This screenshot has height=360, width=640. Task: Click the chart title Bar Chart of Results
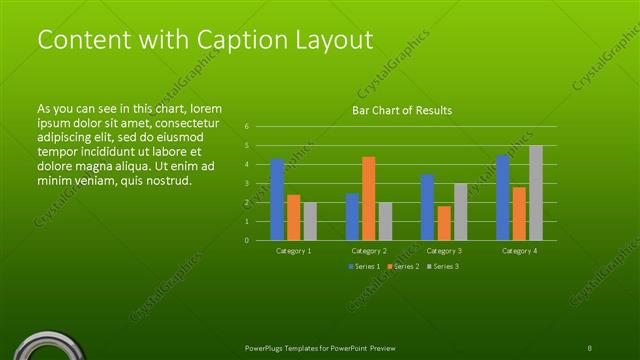[x=402, y=110]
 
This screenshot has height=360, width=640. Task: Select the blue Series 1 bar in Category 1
[x=277, y=200]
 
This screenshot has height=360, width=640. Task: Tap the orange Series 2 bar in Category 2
[x=369, y=198]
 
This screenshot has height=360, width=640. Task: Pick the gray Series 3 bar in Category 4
[x=536, y=193]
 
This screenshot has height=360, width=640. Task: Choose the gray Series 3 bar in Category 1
[x=310, y=221]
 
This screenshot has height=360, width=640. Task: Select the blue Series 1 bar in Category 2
[x=352, y=216]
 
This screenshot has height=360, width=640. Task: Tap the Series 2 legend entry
[x=401, y=267]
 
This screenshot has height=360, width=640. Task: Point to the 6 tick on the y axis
[x=246, y=127]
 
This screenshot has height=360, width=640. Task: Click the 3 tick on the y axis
[x=246, y=183]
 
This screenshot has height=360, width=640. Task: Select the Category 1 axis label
[x=293, y=250]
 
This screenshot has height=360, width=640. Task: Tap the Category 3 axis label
[x=444, y=250]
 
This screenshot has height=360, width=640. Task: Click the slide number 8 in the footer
[x=590, y=347]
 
